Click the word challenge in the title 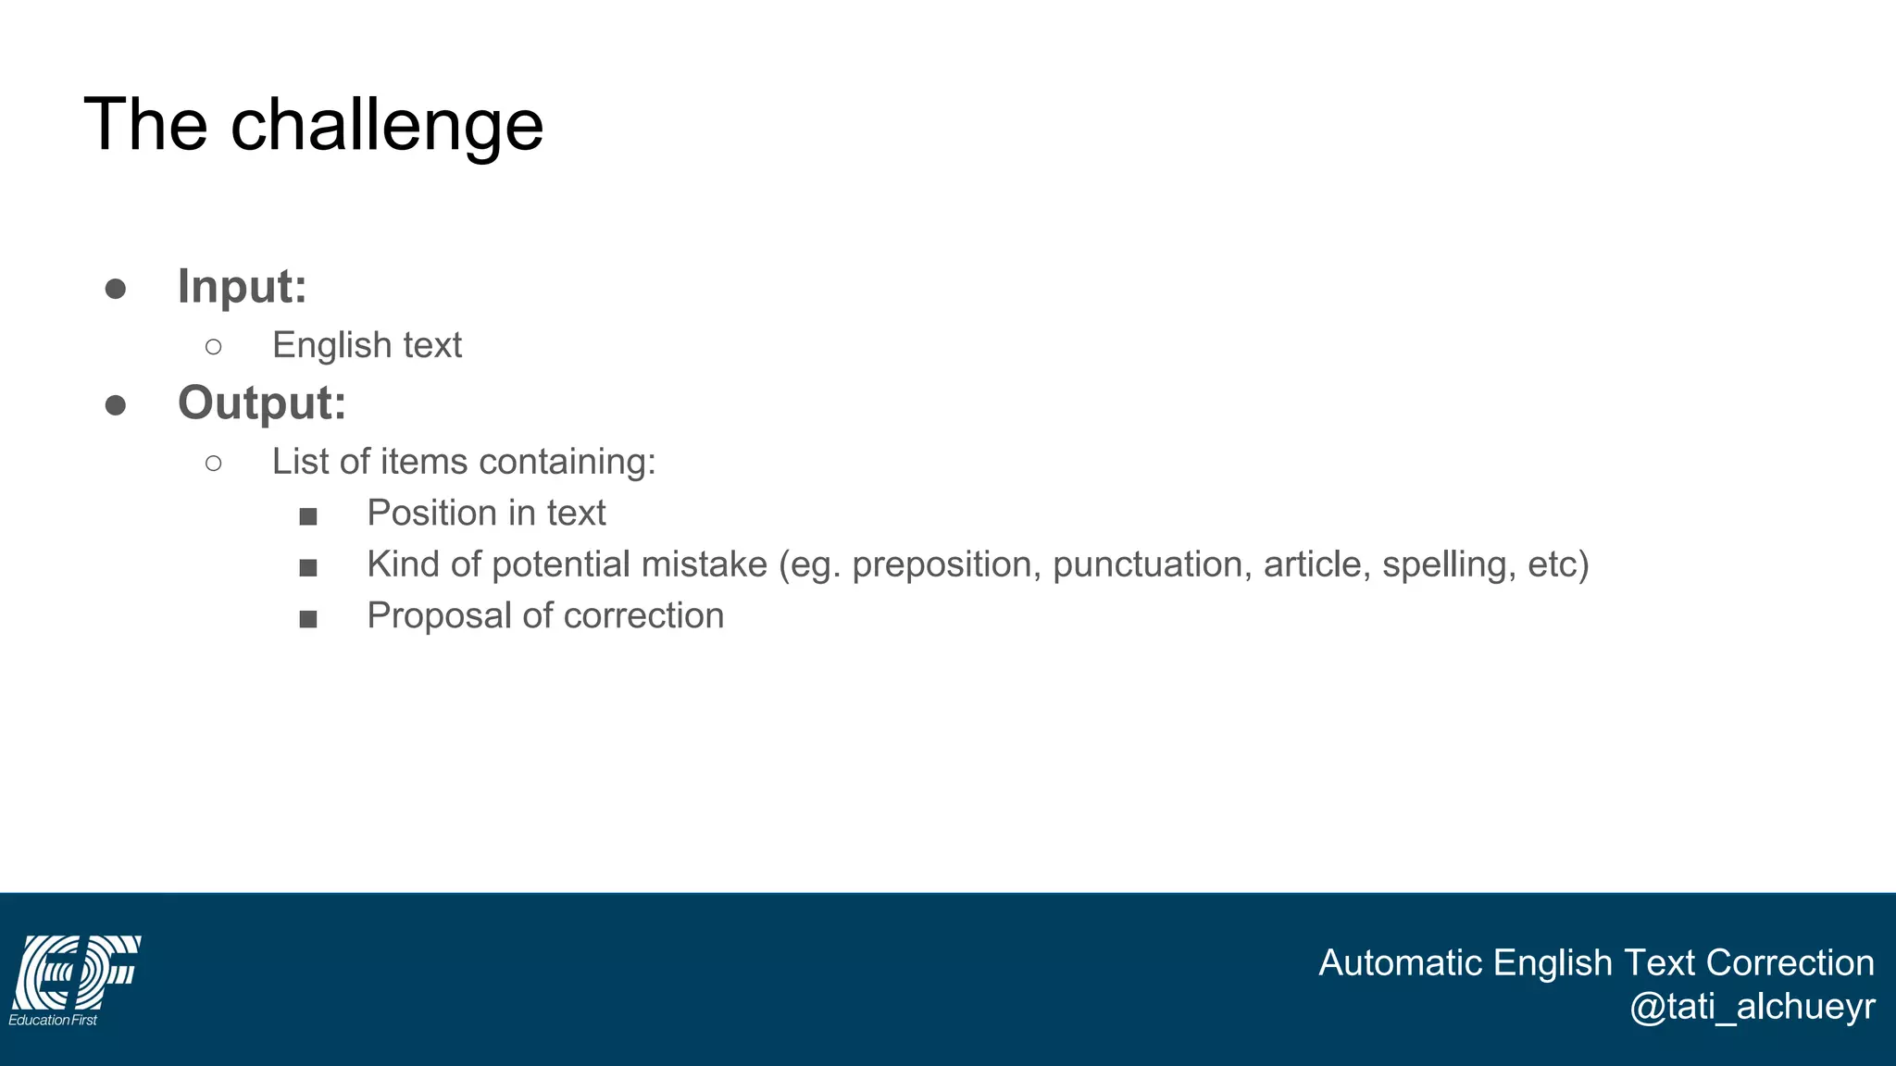pyautogui.click(x=386, y=126)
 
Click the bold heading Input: pyautogui.click(x=242, y=286)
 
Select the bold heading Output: pyautogui.click(x=262, y=403)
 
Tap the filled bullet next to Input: pyautogui.click(x=116, y=289)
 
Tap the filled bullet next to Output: pyautogui.click(x=116, y=405)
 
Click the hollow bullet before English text pyautogui.click(x=214, y=347)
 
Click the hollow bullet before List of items pyautogui.click(x=214, y=463)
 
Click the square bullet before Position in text pyautogui.click(x=308, y=516)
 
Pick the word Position pyautogui.click(x=432, y=513)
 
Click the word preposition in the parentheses pyautogui.click(x=942, y=565)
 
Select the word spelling pyautogui.click(x=1448, y=564)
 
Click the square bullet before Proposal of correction pyautogui.click(x=308, y=619)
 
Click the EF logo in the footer pyautogui.click(x=76, y=972)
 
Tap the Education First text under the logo pyautogui.click(x=53, y=1020)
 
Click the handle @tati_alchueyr pyautogui.click(x=1752, y=1007)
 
